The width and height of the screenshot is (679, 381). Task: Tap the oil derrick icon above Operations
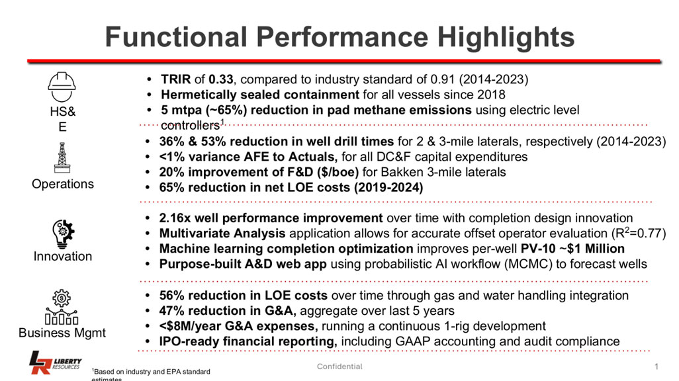(x=62, y=157)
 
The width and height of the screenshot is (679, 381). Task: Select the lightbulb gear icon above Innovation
(x=62, y=232)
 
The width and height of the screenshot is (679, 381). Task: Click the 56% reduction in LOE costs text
(x=243, y=295)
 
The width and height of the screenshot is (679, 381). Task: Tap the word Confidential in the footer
(x=339, y=366)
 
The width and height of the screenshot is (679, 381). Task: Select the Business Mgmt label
(x=62, y=333)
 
